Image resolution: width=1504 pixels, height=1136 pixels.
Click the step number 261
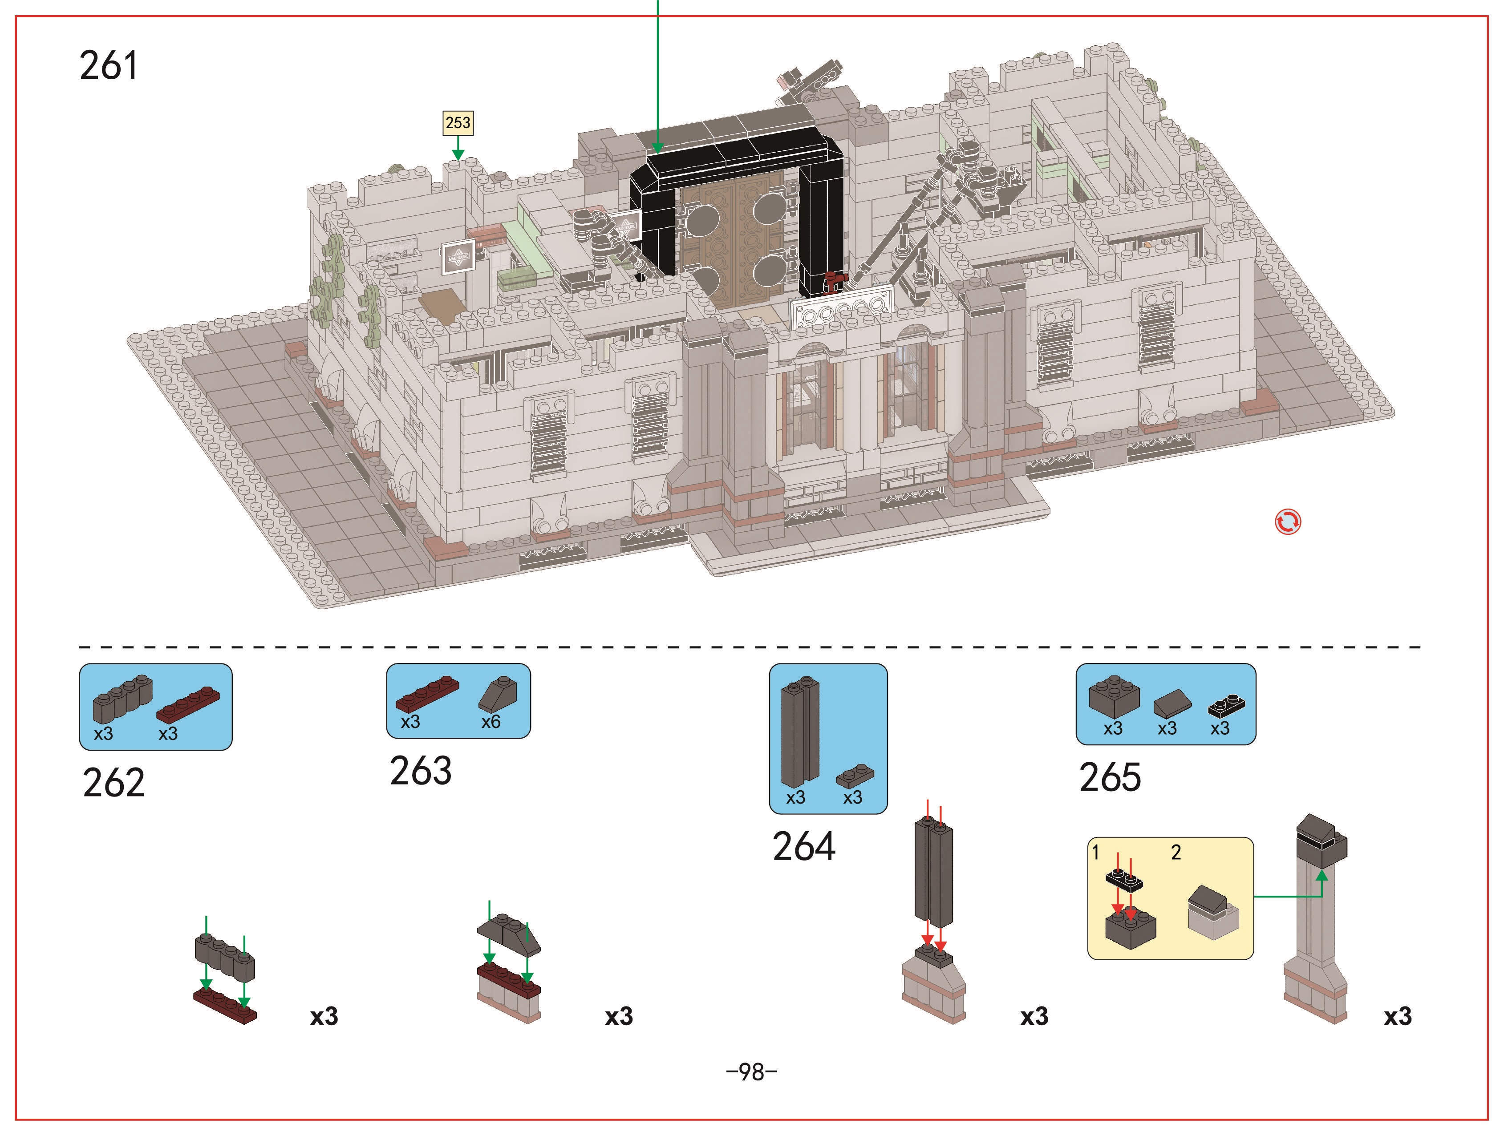[x=109, y=65]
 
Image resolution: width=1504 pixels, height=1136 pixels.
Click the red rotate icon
[x=1288, y=522]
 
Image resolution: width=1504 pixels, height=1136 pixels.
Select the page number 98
[x=751, y=1072]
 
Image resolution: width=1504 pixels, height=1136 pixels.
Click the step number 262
[x=114, y=783]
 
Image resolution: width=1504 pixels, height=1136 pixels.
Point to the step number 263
[x=421, y=771]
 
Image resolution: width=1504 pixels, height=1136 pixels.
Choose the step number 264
[x=804, y=847]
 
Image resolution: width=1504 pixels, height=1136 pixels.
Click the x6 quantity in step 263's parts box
[x=491, y=722]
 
